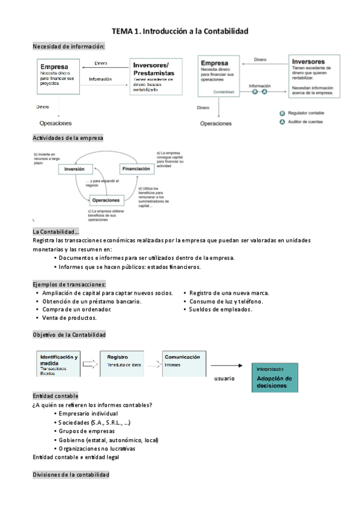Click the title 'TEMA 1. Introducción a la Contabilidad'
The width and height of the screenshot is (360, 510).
tap(180, 31)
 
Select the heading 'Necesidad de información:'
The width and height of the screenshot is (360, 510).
tap(69, 46)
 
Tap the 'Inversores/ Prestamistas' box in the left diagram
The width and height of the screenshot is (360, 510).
tap(156, 76)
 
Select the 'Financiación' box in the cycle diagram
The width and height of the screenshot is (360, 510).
tap(136, 169)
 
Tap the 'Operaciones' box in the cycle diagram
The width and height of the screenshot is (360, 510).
tap(106, 200)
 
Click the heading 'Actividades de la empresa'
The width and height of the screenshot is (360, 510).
tap(68, 138)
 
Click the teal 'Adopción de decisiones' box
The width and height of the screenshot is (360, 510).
tap(274, 378)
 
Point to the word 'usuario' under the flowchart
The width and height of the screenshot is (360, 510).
tap(224, 379)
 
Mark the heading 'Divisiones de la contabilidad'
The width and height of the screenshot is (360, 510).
tap(71, 475)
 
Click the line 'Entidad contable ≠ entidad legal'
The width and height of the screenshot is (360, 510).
tap(76, 457)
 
